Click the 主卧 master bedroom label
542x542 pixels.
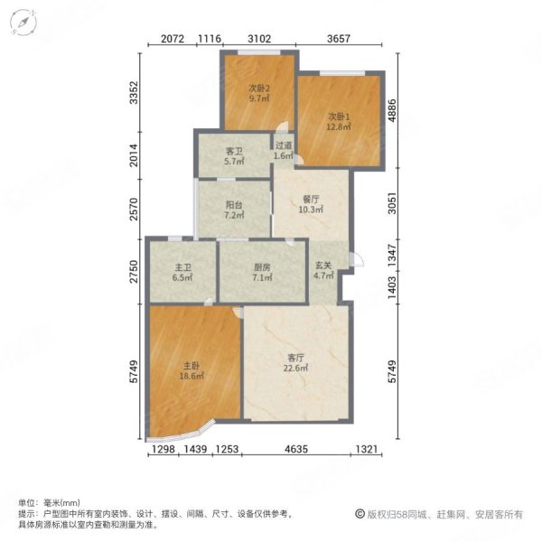click(191, 365)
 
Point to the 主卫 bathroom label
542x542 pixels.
click(182, 267)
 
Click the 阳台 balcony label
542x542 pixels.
click(233, 204)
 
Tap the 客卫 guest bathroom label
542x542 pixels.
click(235, 150)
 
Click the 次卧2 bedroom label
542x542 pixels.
click(259, 89)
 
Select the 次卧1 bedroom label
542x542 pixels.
click(338, 116)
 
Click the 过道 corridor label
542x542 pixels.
click(284, 145)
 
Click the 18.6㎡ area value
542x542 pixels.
click(191, 378)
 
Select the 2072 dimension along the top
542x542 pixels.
click(173, 39)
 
